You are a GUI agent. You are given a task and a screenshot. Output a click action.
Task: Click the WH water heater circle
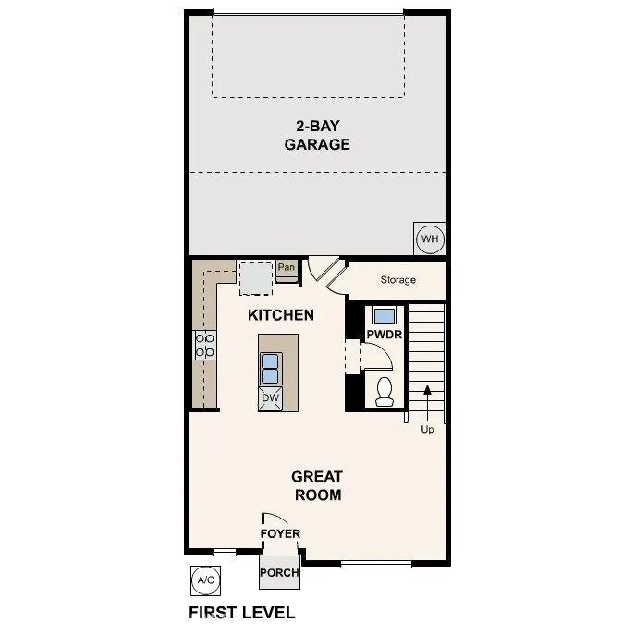point(430,239)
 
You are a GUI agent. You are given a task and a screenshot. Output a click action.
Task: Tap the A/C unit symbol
point(204,580)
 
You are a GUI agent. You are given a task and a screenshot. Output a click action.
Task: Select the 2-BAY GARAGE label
point(317,135)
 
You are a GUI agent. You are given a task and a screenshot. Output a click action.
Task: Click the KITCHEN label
point(281,315)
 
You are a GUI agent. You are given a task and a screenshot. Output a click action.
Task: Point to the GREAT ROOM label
point(317,485)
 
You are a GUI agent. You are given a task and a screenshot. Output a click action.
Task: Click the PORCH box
point(279,572)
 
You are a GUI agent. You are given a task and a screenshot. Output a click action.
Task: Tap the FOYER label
point(280,533)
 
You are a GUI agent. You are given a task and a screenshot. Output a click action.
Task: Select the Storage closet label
point(397,279)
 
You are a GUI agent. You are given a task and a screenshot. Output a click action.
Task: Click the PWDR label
point(384,334)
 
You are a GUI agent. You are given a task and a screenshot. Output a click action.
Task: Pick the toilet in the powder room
point(385,391)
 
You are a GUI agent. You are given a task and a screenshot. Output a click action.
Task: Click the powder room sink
point(384,313)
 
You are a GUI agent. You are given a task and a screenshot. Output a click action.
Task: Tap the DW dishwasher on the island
point(271,398)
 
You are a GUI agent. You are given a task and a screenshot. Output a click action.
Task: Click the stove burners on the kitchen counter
point(204,346)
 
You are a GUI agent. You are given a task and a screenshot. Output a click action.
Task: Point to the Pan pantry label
point(287,268)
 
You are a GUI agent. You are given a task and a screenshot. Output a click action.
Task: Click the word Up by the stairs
point(427,429)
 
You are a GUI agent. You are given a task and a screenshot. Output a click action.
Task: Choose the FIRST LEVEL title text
point(241,612)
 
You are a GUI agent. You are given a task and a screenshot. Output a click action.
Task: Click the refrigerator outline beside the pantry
point(255,276)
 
